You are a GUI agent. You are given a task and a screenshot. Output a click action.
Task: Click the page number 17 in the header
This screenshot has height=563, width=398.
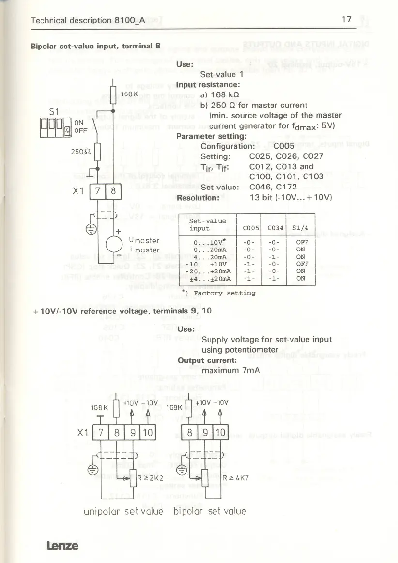coord(346,20)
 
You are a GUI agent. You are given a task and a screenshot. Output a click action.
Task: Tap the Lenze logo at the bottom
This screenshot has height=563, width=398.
coord(62,545)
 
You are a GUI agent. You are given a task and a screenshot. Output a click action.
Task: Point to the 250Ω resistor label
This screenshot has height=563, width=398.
coord(78,151)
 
